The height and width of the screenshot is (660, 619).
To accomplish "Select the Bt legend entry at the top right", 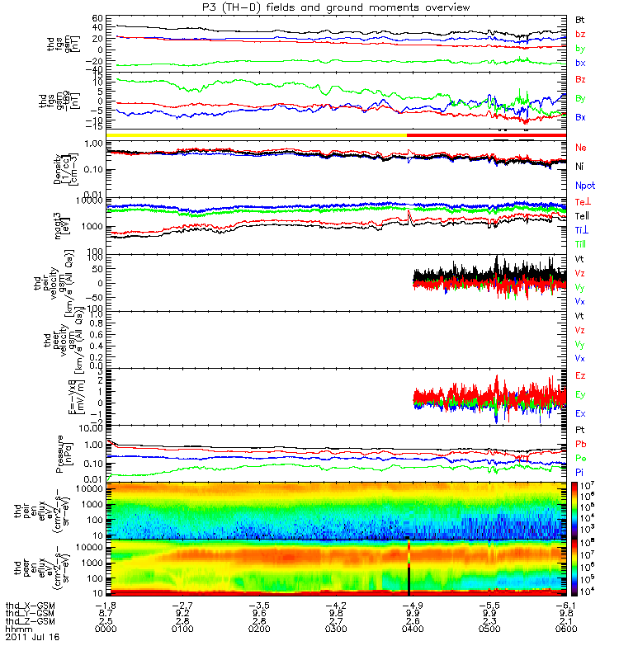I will point(581,18).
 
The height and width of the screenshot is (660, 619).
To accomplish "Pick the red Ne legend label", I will point(581,147).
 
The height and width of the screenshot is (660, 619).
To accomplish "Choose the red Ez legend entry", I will point(581,376).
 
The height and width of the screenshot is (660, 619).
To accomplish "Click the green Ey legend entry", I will point(581,394).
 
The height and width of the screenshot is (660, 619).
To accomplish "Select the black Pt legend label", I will point(580,431).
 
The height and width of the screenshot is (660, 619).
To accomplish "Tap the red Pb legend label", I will point(581,445).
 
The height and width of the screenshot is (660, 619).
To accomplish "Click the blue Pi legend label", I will point(580,471).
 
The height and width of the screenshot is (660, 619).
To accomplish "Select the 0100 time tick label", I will point(183,629).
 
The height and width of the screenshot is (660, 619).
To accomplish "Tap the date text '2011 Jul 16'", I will point(32,638).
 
